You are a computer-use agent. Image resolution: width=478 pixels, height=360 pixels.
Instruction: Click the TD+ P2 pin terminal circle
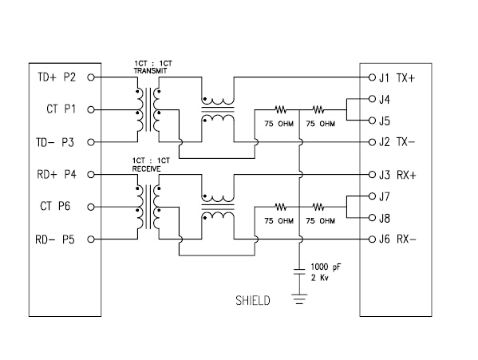coord(91,77)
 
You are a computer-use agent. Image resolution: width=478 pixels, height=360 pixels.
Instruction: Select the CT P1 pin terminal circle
coord(91,109)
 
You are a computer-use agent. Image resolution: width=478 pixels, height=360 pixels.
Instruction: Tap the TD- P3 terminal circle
coord(91,142)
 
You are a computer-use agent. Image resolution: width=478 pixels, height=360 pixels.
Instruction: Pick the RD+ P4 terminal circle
coord(91,175)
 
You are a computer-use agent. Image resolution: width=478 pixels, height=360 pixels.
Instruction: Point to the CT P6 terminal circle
coord(91,207)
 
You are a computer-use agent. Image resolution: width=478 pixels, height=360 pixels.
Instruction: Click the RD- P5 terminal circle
coord(91,239)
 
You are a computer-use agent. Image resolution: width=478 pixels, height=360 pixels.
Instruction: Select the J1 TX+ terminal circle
coord(372,77)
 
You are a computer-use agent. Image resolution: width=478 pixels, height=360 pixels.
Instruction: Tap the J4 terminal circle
coord(372,99)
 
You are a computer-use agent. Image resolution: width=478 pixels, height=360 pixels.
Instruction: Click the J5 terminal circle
coord(372,121)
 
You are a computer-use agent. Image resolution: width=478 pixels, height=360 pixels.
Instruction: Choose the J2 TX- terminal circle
coord(372,142)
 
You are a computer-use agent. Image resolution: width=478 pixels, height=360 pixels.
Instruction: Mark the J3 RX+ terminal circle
coord(372,175)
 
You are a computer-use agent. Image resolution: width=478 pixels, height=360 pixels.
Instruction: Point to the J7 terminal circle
coord(372,196)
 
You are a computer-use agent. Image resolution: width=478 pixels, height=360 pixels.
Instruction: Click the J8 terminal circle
coord(372,218)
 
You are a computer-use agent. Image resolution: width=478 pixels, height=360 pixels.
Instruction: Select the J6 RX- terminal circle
coord(372,239)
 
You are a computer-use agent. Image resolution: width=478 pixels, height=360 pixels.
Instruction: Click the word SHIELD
coord(253,301)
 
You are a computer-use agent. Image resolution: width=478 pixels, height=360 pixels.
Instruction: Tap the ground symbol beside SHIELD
coord(299,299)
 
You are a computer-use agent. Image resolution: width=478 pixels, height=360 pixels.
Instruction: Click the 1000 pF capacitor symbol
coord(299,271)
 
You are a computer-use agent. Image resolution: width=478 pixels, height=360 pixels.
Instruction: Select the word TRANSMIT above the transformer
coord(150,71)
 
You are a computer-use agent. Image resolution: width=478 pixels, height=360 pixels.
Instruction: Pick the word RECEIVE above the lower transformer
coord(146,168)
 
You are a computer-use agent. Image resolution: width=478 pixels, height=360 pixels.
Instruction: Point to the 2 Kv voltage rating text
coord(320,278)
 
